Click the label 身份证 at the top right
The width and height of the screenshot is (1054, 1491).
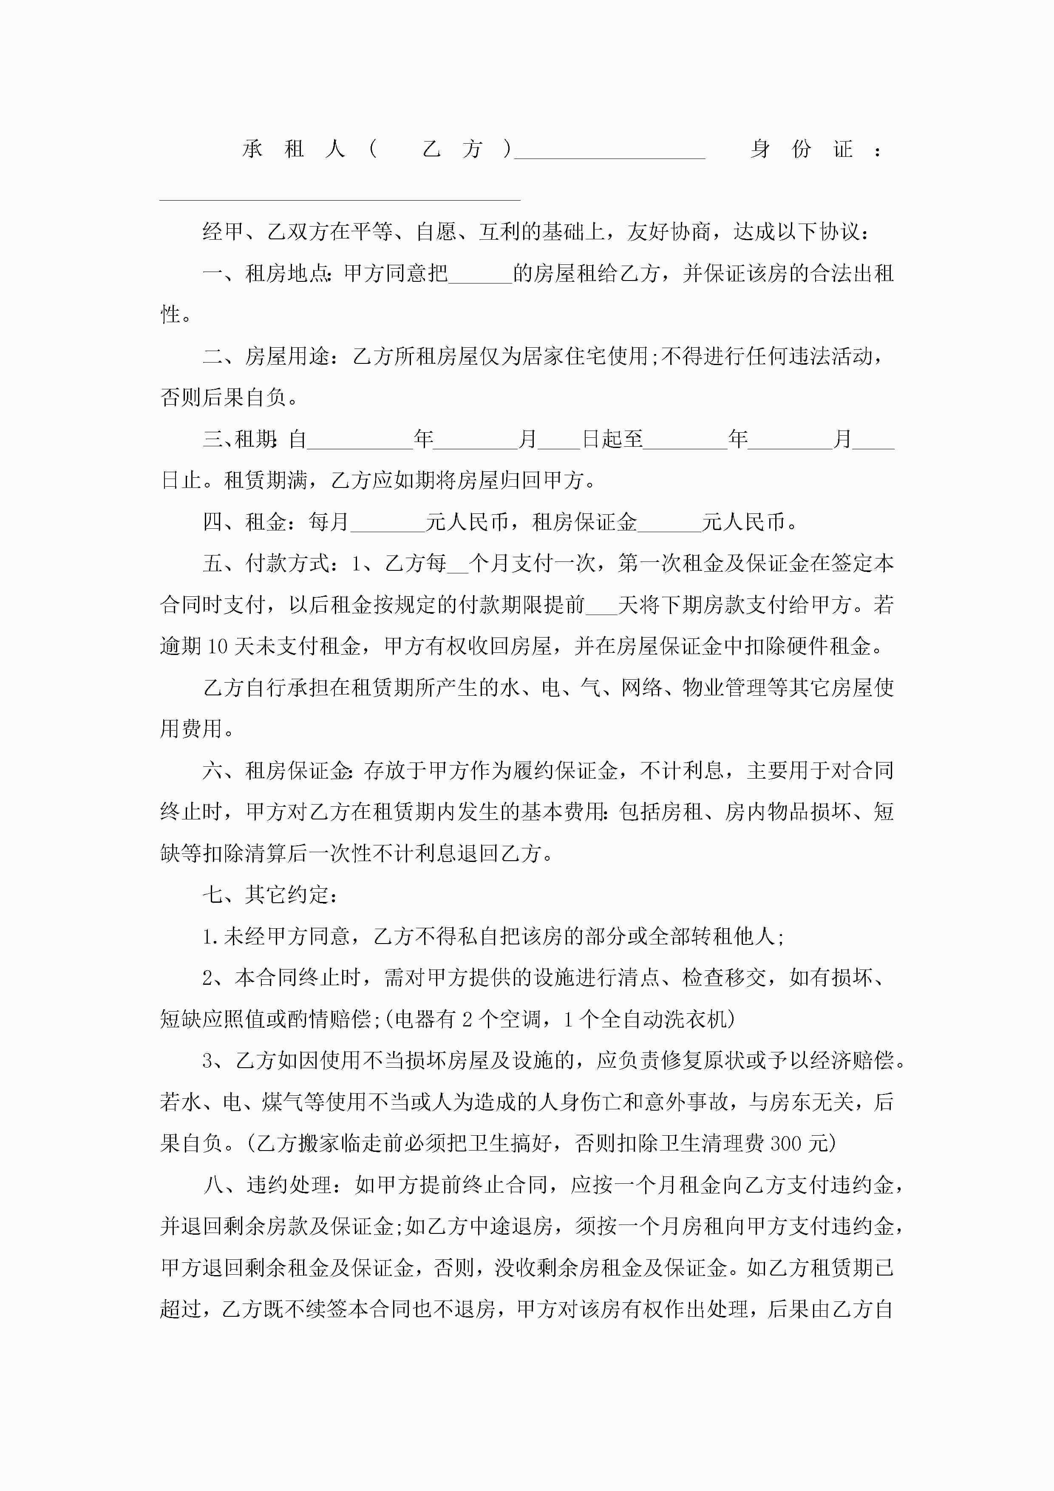[x=802, y=149]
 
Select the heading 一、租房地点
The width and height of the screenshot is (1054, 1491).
[x=266, y=273]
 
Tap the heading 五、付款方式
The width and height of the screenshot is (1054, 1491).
[x=266, y=564]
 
